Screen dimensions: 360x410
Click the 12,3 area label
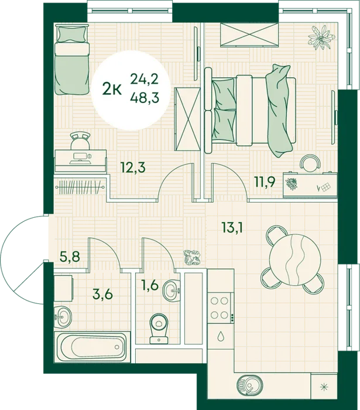click(133, 168)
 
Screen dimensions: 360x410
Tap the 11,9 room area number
click(265, 182)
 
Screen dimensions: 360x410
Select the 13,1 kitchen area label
click(232, 227)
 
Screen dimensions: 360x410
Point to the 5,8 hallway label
click(70, 257)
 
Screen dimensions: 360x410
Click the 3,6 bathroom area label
click(102, 294)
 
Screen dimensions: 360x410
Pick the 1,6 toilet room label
click(150, 285)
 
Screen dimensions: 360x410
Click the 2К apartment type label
click(112, 90)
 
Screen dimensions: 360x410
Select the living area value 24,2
click(145, 78)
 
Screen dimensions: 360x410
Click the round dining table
click(295, 259)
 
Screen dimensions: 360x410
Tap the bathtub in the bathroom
click(92, 347)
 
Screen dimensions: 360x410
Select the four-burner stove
click(220, 308)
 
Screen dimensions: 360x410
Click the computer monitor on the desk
click(81, 156)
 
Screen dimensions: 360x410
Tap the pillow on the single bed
click(72, 35)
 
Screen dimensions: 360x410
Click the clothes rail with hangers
click(80, 187)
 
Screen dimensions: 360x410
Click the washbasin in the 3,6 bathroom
click(63, 317)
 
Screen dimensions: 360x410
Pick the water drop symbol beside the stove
click(220, 337)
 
